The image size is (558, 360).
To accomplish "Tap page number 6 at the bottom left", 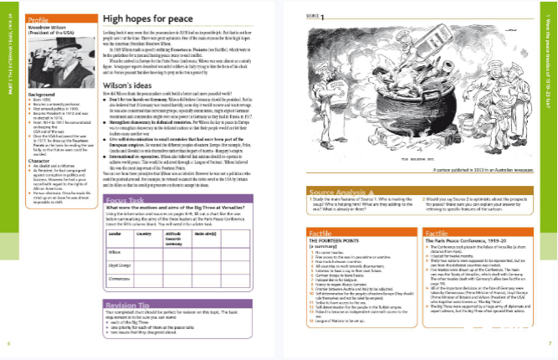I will [8, 342].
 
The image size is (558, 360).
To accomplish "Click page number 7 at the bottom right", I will [550, 342].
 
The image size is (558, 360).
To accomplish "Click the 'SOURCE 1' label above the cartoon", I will [317, 15].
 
